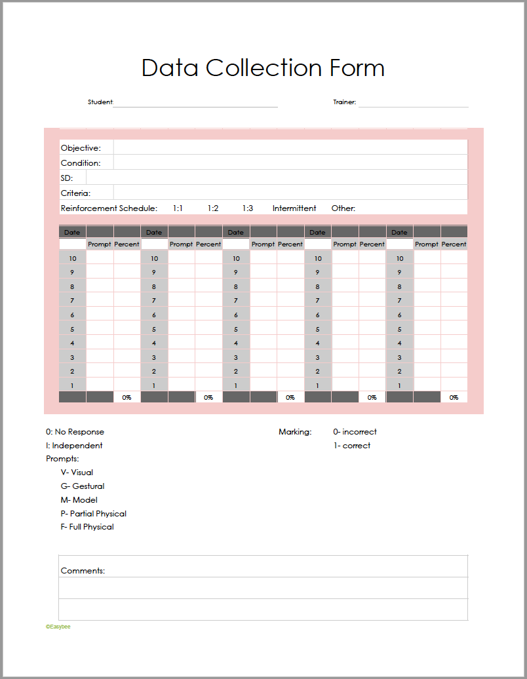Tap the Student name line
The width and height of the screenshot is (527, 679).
pos(195,104)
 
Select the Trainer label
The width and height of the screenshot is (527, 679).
pos(344,102)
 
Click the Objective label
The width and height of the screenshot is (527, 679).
pos(81,148)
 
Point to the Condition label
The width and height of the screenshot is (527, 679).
pos(81,163)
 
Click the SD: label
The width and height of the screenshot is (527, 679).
pos(67,178)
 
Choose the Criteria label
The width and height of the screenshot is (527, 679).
pos(76,193)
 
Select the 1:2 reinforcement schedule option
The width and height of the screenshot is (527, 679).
pos(213,208)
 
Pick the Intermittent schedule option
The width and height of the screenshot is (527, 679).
pos(294,208)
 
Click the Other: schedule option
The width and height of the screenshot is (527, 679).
pos(343,208)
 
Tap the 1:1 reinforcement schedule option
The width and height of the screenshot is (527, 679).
pos(178,208)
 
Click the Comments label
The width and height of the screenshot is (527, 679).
pos(83,571)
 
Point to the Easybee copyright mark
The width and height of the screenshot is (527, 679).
pos(58,627)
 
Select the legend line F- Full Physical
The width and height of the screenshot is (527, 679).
pos(87,527)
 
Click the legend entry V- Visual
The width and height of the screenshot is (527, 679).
pos(77,473)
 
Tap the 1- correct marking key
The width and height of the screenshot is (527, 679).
pos(352,446)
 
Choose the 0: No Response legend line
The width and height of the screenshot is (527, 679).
pos(75,432)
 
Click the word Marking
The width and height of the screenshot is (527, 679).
pos(295,432)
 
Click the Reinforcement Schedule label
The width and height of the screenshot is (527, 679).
pos(109,208)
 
